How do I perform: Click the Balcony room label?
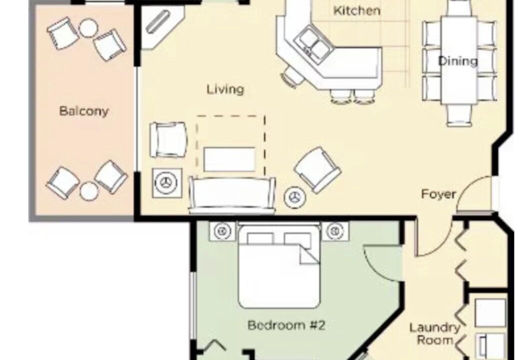pyautogui.click(x=84, y=111)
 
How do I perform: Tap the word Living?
pyautogui.click(x=225, y=89)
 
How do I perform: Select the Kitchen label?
pyautogui.click(x=356, y=10)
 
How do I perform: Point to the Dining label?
pyautogui.click(x=457, y=61)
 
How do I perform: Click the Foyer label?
pyautogui.click(x=438, y=194)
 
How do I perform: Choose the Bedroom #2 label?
pyautogui.click(x=286, y=325)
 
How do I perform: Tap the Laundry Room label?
pyautogui.click(x=434, y=333)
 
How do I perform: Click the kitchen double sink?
pyautogui.click(x=314, y=44)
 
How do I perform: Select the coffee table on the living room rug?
pyautogui.click(x=229, y=159)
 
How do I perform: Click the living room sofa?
pyautogui.click(x=232, y=195)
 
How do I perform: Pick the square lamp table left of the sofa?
pyautogui.click(x=167, y=182)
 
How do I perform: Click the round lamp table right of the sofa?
pyautogui.click(x=294, y=197)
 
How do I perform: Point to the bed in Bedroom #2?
pyautogui.click(x=279, y=266)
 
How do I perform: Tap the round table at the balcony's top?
pyautogui.click(x=89, y=28)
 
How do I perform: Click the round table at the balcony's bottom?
pyautogui.click(x=89, y=191)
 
